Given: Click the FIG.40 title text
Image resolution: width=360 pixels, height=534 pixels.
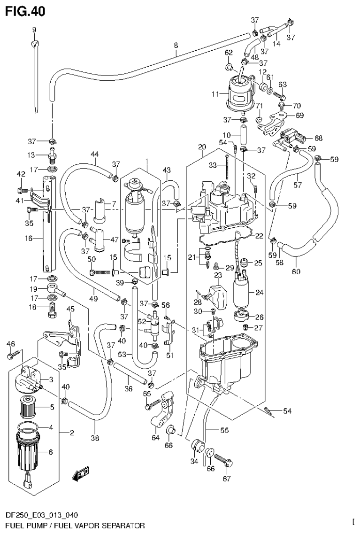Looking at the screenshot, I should tap(25, 11).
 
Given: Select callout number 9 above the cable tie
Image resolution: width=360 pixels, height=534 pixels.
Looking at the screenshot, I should tap(34, 30).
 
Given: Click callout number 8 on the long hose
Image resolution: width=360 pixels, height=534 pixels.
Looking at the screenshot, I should tap(176, 46).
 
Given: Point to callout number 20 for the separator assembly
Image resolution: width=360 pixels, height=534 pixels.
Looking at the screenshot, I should tap(202, 147).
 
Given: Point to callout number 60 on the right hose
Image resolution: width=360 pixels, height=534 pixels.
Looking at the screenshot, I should tap(296, 272).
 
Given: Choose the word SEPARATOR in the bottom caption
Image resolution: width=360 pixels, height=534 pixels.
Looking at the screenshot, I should tap(119, 524).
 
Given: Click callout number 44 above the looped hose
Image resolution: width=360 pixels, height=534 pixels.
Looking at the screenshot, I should tap(94, 154).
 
